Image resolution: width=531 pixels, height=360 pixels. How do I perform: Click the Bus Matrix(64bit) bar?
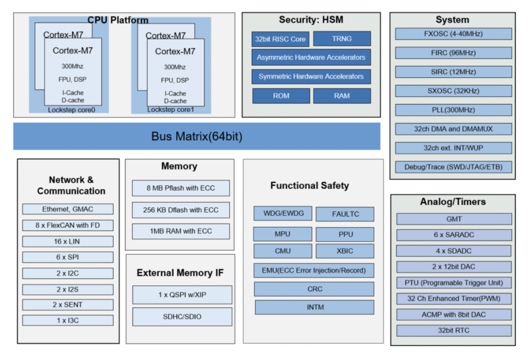196,136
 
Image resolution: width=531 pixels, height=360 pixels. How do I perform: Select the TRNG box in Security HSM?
341,39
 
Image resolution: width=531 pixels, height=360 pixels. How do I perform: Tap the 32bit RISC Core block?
280,39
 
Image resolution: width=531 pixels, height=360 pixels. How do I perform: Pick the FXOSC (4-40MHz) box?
453,34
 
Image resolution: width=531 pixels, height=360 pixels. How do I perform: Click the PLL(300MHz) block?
453,110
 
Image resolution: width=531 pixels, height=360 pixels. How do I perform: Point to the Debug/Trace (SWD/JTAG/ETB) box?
453,167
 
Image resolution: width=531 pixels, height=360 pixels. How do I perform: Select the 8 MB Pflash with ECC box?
181,188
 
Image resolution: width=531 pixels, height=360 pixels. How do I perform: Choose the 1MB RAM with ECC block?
181,231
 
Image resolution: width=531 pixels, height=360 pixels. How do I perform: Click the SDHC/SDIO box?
182,317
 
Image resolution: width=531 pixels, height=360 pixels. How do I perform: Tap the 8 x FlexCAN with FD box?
67,225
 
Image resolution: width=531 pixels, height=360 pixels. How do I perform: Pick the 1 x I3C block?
67,320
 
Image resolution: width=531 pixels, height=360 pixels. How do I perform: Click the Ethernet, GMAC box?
67,209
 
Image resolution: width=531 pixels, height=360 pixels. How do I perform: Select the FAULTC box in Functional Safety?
345,214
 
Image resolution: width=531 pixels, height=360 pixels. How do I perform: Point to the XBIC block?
345,251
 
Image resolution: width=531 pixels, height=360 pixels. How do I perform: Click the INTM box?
314,307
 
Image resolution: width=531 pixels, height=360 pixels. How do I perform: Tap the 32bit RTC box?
453,330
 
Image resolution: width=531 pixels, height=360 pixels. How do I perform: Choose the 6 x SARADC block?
453,235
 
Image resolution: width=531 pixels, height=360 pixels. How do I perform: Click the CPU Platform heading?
118,20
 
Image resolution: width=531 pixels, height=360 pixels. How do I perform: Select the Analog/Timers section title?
453,202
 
